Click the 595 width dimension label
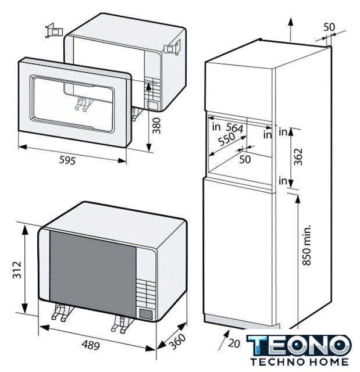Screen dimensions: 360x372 click(67, 160)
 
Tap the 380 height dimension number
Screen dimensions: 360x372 click(156, 126)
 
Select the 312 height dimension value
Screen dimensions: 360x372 click(17, 270)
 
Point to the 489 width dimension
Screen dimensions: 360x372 click(91, 345)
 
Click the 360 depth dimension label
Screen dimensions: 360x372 click(178, 341)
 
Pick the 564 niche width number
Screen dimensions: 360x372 click(234, 128)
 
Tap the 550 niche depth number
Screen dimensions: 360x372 click(227, 139)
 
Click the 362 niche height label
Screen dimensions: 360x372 click(298, 156)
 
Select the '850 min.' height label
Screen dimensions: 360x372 click(306, 245)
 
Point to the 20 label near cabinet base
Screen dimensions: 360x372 click(234, 344)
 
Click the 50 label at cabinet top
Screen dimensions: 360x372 click(329, 27)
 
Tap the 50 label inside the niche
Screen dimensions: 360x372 click(245, 159)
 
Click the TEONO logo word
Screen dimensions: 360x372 click(299, 345)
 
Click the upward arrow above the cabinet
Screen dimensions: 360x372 click(290, 29)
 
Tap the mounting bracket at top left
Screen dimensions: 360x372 click(54, 31)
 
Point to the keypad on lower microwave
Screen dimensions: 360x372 click(145, 293)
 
